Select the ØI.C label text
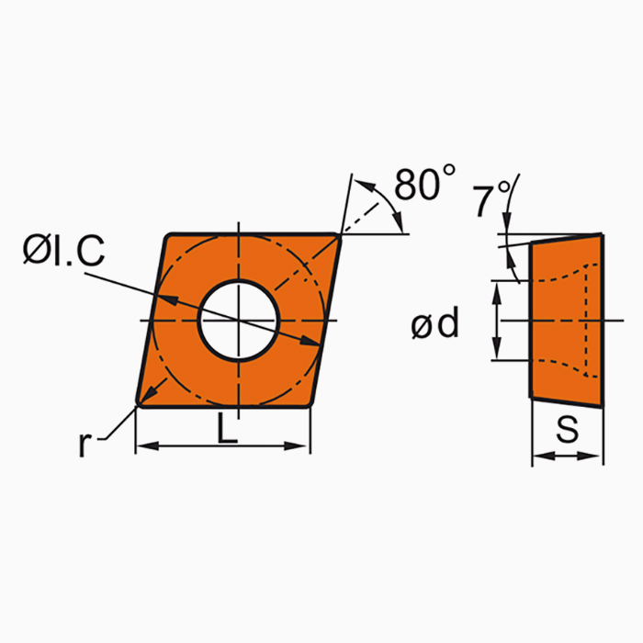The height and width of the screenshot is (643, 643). (63, 251)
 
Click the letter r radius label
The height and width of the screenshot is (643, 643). (85, 445)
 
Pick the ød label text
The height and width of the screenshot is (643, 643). (435, 323)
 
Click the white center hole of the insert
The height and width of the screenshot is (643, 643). (239, 320)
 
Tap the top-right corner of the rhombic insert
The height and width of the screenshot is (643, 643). (339, 236)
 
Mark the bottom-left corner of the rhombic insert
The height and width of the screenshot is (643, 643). (139, 402)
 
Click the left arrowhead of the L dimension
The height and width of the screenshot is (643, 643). (142, 446)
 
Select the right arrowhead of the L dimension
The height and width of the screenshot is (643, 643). (304, 446)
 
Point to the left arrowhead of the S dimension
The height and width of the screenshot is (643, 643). (537, 456)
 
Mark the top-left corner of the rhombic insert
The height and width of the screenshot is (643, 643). (168, 237)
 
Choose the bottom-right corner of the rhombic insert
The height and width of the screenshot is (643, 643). (310, 402)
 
